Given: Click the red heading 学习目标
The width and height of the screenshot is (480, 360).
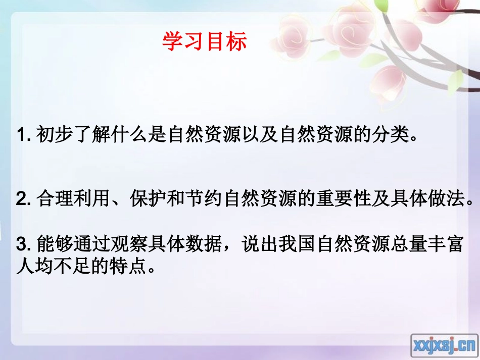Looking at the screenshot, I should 205,42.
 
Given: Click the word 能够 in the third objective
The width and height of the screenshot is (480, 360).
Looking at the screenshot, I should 53,246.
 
